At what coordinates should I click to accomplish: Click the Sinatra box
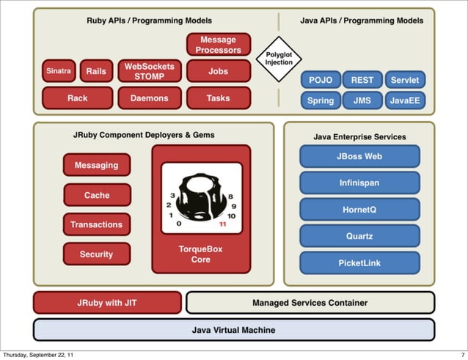(58, 71)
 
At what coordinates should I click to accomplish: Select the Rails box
(95, 71)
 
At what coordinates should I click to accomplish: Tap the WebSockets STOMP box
(149, 71)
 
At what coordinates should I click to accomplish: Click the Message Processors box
(218, 44)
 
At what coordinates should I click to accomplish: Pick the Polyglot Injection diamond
(279, 58)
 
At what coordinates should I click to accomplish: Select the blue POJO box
(320, 80)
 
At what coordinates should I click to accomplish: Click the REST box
(362, 80)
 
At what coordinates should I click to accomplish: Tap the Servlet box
(405, 80)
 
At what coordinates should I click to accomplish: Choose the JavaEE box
(405, 100)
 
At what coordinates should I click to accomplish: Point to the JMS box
(362, 100)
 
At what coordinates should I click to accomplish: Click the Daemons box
(149, 98)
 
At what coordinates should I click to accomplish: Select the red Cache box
(96, 195)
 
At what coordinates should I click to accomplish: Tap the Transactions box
(96, 224)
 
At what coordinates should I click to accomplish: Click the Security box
(96, 254)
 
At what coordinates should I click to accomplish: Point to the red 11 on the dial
(222, 225)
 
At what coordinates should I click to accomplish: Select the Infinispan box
(359, 183)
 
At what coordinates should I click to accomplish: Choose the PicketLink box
(359, 263)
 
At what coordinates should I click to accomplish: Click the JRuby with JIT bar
(107, 302)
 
